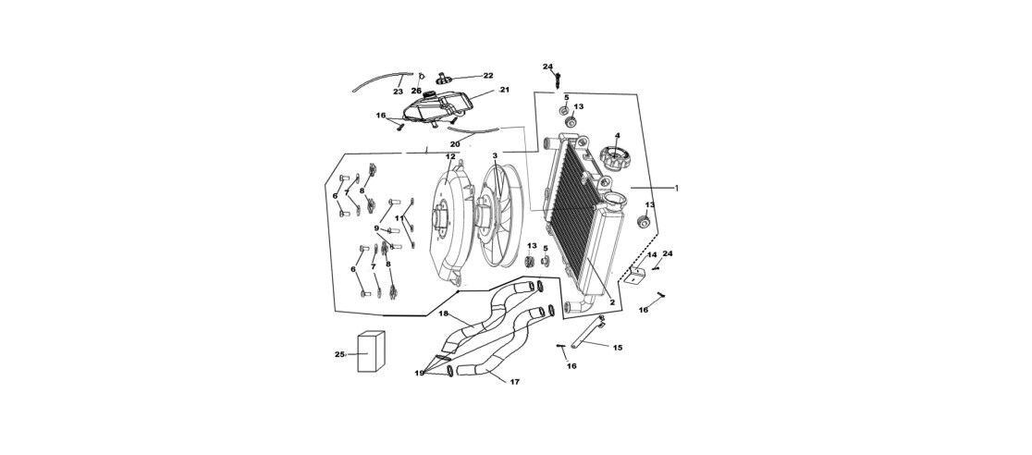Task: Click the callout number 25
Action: (338, 354)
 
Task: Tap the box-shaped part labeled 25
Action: (370, 351)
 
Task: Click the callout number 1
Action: (676, 188)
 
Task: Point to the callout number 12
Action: (450, 157)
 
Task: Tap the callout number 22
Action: (488, 76)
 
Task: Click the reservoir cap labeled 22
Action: (447, 77)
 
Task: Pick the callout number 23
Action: (398, 92)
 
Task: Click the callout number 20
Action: (455, 144)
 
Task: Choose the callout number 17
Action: (514, 381)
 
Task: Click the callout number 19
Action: (419, 373)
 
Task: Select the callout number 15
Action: (618, 348)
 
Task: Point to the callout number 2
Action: (612, 302)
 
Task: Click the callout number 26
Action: (416, 91)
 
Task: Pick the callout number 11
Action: (399, 218)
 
